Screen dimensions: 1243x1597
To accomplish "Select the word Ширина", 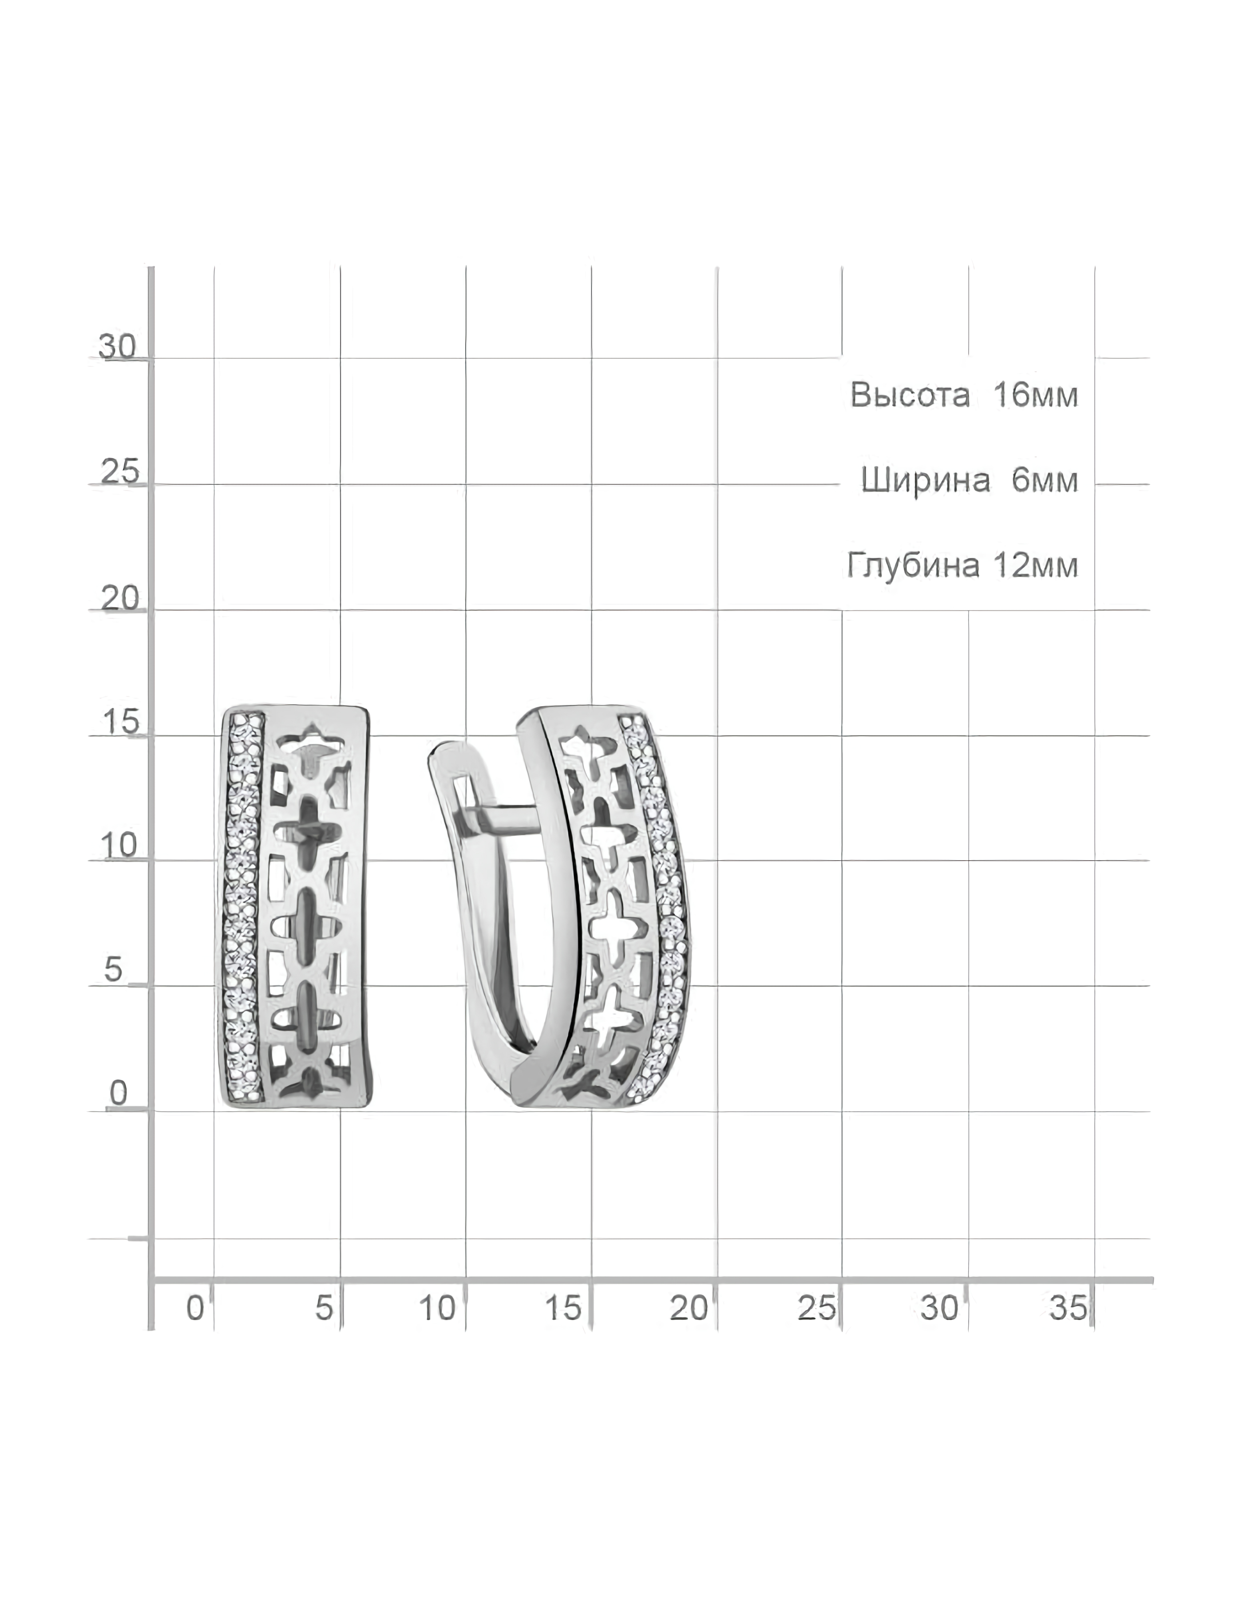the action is point(926,480).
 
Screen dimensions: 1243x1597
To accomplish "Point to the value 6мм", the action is point(1045,480).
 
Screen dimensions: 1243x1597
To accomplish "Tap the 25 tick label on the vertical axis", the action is point(119,472).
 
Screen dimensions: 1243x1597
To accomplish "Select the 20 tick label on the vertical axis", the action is point(119,598).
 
